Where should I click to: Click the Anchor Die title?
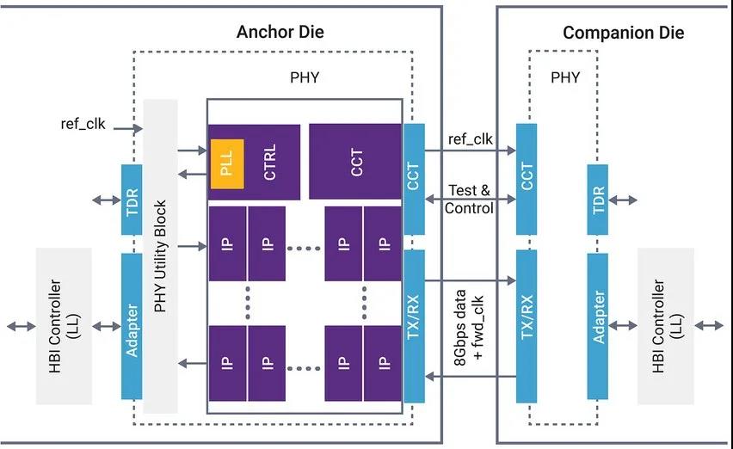280,33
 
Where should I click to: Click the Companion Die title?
624,33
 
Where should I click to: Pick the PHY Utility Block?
160,255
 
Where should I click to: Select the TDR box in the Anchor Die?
132,200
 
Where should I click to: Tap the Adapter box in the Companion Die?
599,327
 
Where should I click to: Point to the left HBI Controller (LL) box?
63,326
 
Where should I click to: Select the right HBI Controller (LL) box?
665,326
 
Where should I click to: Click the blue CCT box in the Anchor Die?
414,179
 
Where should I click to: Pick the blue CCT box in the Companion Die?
527,179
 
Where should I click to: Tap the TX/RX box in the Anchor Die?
414,326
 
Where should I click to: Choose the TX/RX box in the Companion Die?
527,326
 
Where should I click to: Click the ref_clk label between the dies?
470,138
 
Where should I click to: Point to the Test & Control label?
470,200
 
